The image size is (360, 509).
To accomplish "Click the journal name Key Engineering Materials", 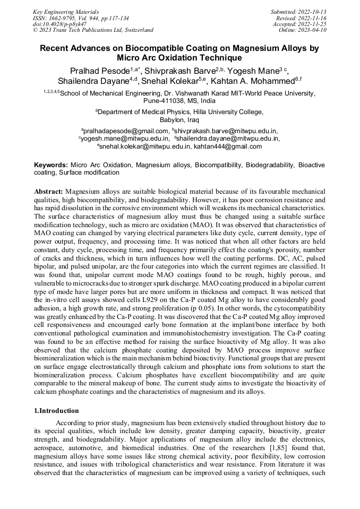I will click(67, 11).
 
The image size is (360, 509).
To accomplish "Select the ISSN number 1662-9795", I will click(59, 18).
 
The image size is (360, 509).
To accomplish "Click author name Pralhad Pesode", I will click(100, 71).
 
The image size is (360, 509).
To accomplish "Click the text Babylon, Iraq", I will click(179, 120).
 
